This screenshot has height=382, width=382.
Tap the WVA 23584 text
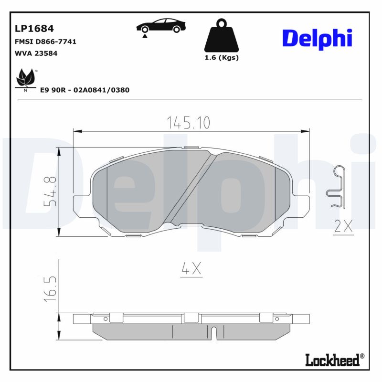point(36,53)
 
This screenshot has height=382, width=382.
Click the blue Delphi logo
point(317,38)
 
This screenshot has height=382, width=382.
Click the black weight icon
point(221,36)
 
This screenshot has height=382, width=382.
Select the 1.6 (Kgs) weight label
point(221,58)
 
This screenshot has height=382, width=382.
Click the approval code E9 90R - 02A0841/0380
point(85,90)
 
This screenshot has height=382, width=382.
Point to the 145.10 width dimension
point(188,122)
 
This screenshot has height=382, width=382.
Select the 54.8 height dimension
point(50,191)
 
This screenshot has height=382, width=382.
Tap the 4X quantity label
point(191,270)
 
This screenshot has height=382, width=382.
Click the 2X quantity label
point(343,226)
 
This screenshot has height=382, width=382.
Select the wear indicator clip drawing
point(336,187)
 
